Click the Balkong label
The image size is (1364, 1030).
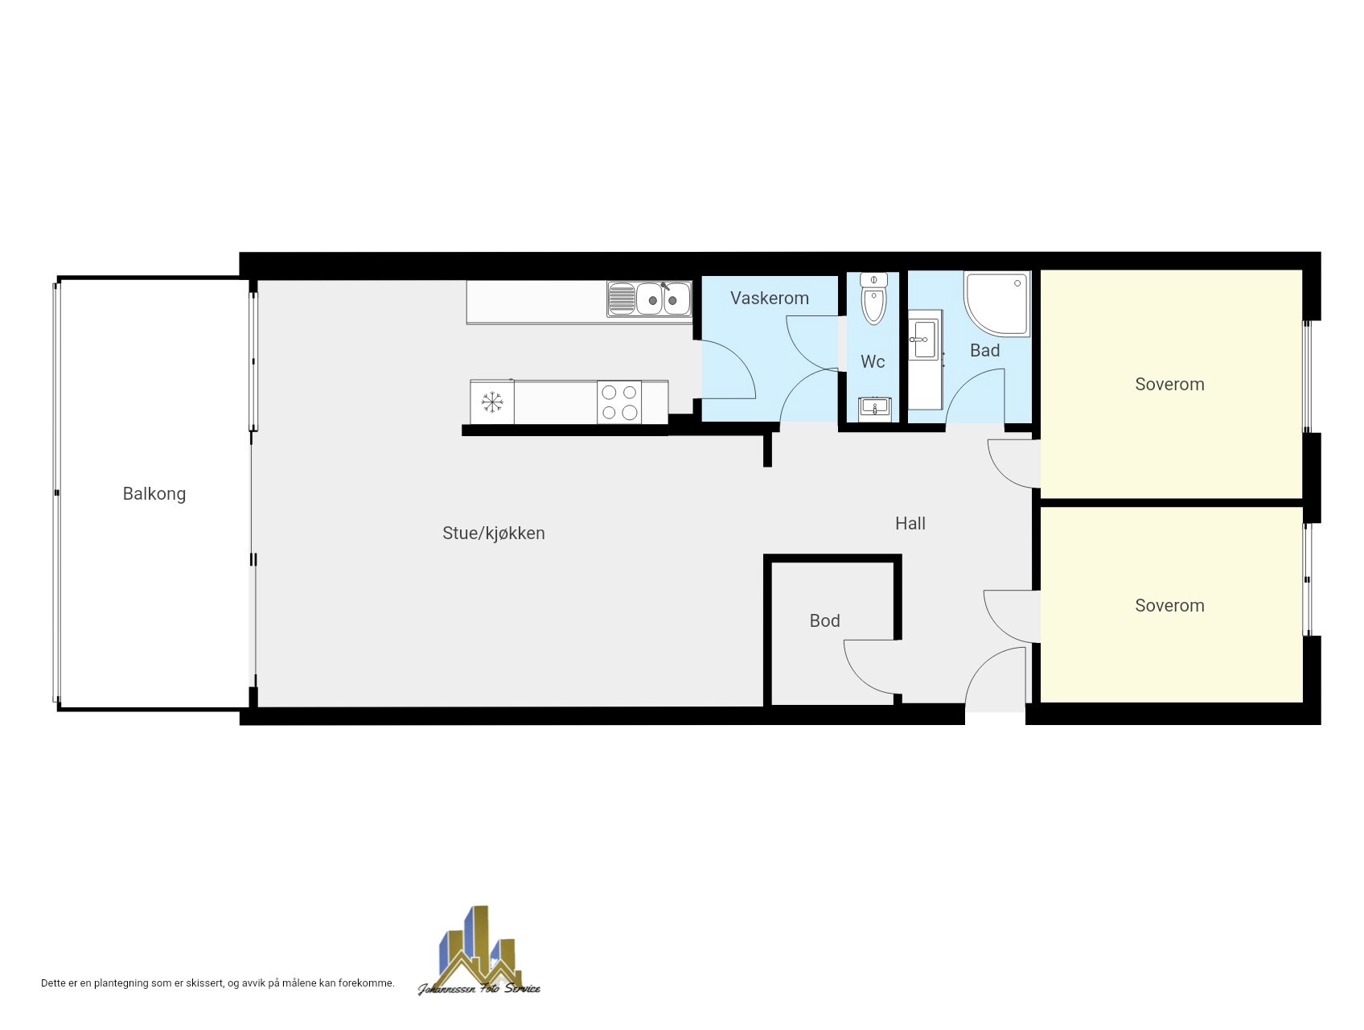(x=154, y=494)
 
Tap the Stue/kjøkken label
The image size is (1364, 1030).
(x=494, y=534)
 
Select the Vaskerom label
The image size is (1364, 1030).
(x=770, y=299)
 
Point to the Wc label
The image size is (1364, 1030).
(x=873, y=362)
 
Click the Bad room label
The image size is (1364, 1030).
(x=985, y=351)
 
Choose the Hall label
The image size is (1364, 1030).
(x=910, y=524)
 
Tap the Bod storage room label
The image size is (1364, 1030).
(x=825, y=621)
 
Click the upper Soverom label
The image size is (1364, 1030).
(x=1169, y=385)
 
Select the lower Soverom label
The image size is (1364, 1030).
(x=1169, y=606)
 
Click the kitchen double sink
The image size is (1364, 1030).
(x=649, y=299)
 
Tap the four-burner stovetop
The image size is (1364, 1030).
(x=619, y=402)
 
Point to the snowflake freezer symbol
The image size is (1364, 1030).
(x=492, y=402)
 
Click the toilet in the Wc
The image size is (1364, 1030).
(x=873, y=298)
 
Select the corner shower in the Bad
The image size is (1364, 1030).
(x=998, y=303)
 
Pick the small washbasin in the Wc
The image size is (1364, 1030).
(x=875, y=408)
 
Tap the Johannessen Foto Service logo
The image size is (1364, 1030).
(x=479, y=951)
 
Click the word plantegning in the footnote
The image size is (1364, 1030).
(x=121, y=983)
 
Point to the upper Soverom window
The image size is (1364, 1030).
(x=1307, y=377)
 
